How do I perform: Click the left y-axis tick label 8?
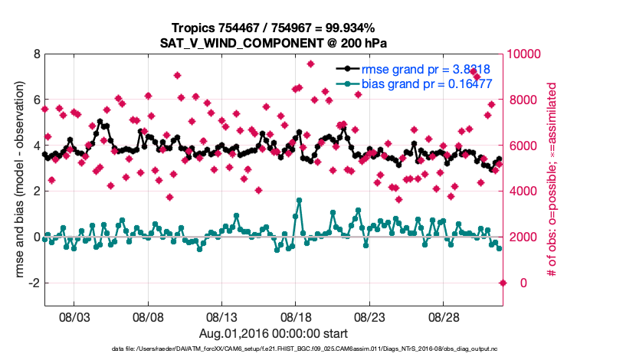(35, 54)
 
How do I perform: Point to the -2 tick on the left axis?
(33, 283)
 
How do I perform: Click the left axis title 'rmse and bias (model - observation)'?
(18, 179)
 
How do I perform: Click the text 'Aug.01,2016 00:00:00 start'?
(274, 333)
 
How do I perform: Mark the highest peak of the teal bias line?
(298, 201)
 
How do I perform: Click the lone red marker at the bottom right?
(503, 283)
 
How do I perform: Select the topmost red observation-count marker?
(310, 64)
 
